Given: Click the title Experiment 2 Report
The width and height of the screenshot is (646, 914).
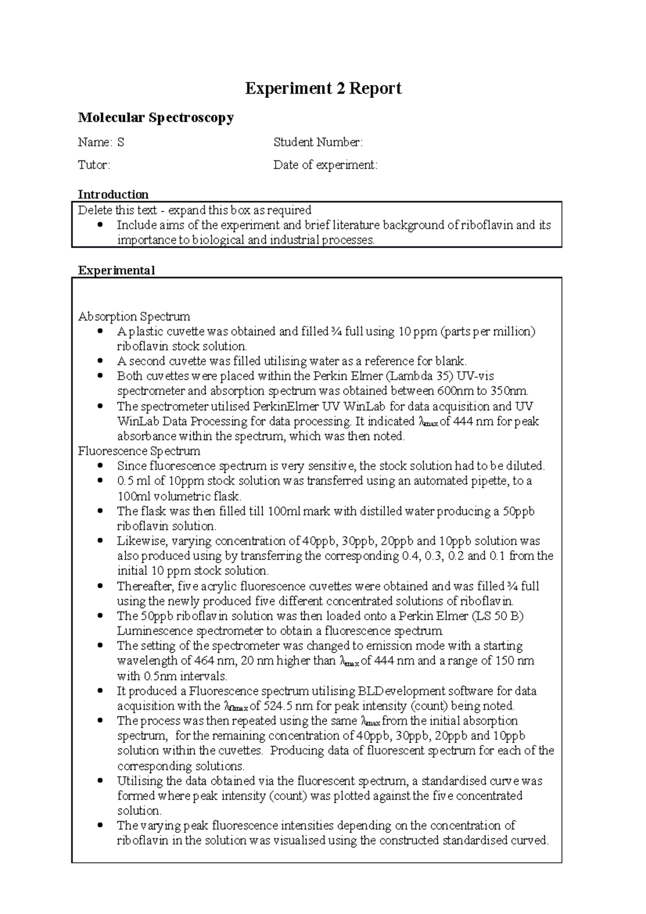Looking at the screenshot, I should point(323,88).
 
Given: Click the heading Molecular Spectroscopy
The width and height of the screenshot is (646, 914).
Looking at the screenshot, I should point(156,117).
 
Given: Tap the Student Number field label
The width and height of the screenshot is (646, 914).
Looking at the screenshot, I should point(318,143).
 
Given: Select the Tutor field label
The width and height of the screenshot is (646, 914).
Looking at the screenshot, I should point(94,165).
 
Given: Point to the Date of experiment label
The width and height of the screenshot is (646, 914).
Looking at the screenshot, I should point(325,165).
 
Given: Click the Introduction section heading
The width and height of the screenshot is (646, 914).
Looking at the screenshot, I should point(113,194).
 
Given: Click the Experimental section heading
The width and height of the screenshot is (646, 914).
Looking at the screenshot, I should point(116,270).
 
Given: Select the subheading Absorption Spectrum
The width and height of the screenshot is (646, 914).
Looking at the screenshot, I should point(134,317).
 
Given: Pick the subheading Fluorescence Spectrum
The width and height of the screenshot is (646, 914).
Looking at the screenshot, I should point(139,451).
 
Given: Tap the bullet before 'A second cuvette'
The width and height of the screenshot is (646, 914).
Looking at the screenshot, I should point(99,361).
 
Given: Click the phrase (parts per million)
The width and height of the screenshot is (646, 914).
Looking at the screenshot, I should point(488,332).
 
